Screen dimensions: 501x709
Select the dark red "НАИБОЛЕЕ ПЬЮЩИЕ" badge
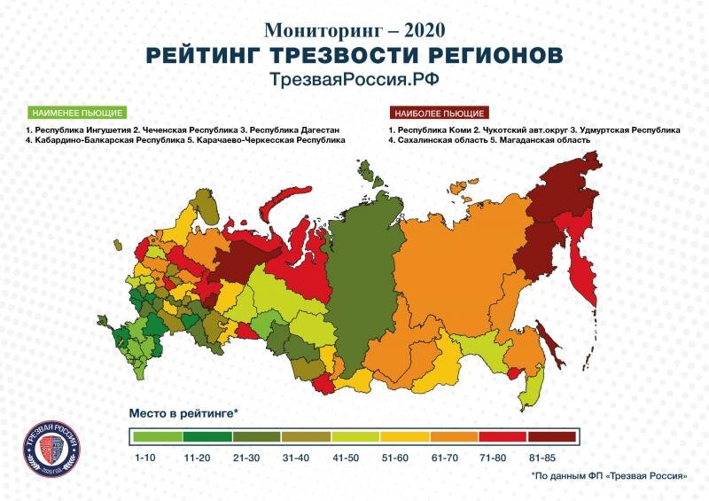(x=440, y=114)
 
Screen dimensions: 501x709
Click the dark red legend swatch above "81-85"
(x=551, y=436)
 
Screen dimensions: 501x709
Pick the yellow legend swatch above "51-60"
(x=404, y=436)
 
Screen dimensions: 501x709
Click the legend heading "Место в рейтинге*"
(x=184, y=413)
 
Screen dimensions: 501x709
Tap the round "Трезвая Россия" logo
(x=56, y=449)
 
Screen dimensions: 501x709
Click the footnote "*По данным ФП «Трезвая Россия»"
(x=609, y=476)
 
